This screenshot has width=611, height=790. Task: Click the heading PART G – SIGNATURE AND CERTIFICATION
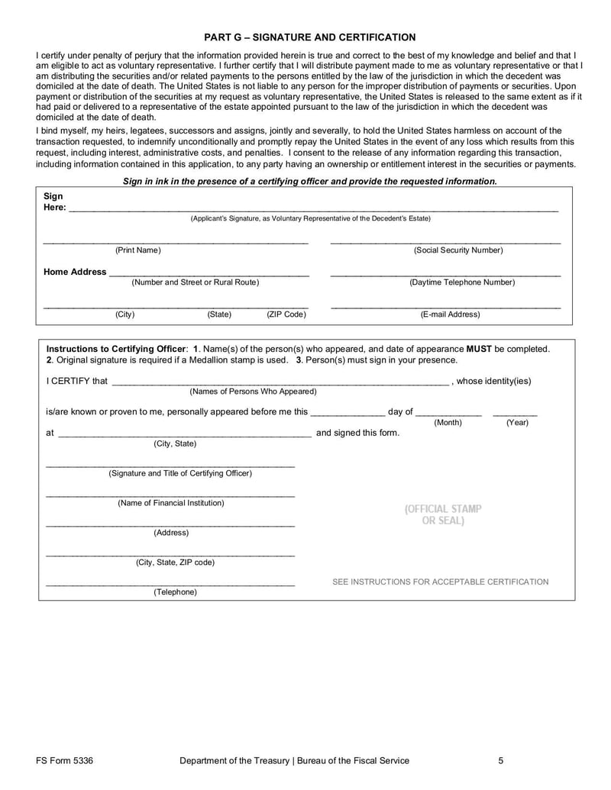coord(310,37)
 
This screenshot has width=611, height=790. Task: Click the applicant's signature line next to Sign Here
coord(313,208)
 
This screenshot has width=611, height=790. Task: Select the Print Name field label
coord(138,250)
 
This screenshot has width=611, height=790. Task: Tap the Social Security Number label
coord(458,250)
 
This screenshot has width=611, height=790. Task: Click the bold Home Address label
coord(75,272)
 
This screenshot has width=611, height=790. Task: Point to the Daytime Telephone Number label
coord(462,282)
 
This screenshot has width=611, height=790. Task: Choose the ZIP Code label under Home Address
coord(286,314)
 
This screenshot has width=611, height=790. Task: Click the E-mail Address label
coord(451,314)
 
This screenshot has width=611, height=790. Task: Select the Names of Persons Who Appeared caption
coord(253,392)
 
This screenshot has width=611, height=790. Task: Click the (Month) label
coord(448,422)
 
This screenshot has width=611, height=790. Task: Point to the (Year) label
coord(517,422)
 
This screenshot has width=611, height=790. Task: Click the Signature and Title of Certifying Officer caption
coord(180,473)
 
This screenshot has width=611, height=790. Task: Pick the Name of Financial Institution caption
coord(171,503)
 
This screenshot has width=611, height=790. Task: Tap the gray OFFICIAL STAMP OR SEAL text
coord(443,514)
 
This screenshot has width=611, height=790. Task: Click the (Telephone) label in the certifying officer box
coord(175,592)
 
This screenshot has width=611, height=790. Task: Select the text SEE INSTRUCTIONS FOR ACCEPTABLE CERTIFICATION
coord(440,582)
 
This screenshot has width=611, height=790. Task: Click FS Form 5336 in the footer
coord(64,760)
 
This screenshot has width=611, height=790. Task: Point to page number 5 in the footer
coord(501,760)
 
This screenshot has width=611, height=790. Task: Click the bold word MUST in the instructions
coord(480,349)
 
